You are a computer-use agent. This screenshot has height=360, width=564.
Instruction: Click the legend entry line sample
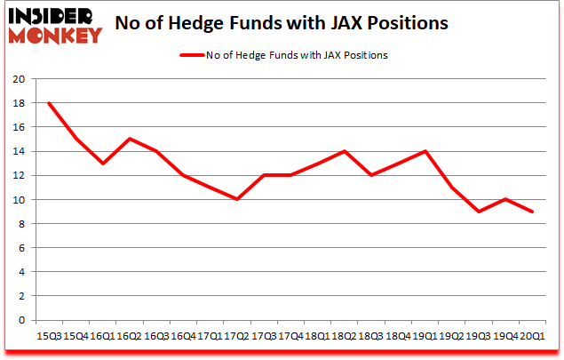[x=193, y=55]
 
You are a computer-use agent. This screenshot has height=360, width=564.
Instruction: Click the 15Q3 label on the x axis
[x=49, y=336]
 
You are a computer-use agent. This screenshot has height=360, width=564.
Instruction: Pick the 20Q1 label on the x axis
[x=532, y=336]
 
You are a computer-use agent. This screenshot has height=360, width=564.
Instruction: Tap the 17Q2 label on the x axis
[x=236, y=336]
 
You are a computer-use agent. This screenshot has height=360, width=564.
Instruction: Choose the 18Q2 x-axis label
[x=344, y=336]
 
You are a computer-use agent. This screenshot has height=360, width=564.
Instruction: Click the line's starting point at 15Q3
[x=49, y=103]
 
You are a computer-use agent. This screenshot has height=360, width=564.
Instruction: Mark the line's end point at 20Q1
[x=532, y=212]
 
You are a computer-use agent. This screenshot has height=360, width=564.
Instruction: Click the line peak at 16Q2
[x=130, y=139]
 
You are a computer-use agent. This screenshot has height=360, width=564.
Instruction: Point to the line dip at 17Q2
[x=236, y=199]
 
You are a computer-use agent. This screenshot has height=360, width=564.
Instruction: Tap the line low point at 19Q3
[x=479, y=212]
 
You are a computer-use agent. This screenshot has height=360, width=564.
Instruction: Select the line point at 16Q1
[x=103, y=164]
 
